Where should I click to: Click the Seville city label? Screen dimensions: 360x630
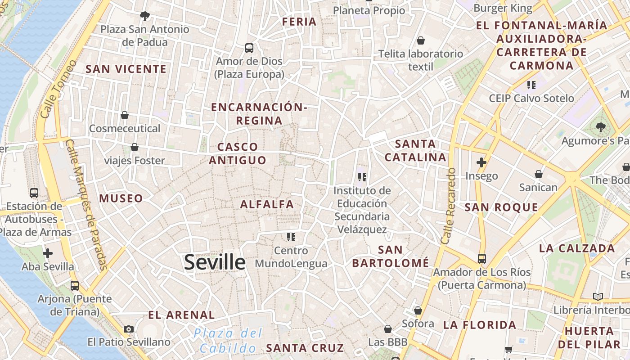(x=215, y=262)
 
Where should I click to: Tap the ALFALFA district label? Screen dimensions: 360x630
(x=267, y=204)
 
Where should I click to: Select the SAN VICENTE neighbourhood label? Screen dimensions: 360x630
(x=126, y=69)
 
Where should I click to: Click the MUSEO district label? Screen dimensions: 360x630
(x=121, y=198)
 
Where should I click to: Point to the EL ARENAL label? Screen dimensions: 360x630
(x=181, y=315)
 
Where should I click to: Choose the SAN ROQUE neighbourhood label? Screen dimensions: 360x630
(x=501, y=207)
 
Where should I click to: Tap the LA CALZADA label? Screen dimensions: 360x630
(x=577, y=248)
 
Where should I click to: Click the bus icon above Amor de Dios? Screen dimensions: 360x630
(x=249, y=48)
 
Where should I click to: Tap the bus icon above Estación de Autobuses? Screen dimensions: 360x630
(x=34, y=193)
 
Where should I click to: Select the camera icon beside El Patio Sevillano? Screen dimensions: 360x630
(x=129, y=329)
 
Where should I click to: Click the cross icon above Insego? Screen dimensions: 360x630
(x=481, y=162)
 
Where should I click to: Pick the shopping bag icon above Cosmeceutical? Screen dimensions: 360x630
(x=125, y=116)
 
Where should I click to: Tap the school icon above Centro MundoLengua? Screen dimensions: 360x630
(x=291, y=237)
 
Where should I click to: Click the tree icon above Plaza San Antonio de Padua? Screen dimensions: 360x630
(x=144, y=16)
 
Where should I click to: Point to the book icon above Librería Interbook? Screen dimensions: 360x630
(x=598, y=297)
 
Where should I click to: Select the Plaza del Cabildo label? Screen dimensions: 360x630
(x=228, y=341)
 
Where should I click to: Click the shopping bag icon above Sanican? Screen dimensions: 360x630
(x=538, y=174)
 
